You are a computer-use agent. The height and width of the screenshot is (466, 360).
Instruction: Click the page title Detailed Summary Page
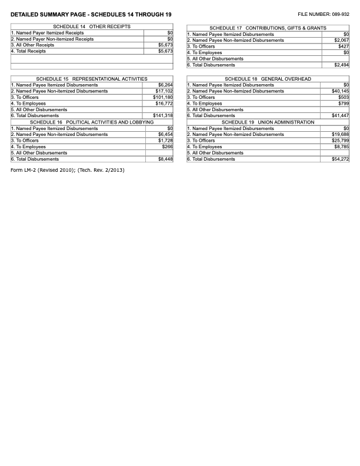tap(91, 14)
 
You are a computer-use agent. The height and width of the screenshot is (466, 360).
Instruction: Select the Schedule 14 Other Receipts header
tap(92, 27)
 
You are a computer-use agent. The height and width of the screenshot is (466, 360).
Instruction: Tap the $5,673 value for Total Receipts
tap(165, 51)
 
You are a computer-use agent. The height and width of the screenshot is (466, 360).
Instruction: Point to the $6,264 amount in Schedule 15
tap(165, 85)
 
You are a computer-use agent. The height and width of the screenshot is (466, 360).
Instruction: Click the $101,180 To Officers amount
tap(163, 97)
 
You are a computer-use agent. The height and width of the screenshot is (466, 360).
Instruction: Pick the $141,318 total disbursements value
tap(163, 115)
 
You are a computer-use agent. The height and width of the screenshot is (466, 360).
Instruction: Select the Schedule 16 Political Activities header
tap(92, 122)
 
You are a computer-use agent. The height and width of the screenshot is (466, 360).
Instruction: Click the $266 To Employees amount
tap(167, 147)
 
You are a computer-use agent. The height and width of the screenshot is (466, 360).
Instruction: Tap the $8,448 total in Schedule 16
tap(165, 159)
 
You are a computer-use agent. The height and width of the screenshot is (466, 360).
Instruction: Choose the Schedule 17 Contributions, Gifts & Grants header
tap(268, 28)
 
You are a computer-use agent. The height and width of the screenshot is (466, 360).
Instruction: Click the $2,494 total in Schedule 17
tap(341, 65)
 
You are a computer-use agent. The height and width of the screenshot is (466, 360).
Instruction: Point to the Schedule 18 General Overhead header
tap(268, 79)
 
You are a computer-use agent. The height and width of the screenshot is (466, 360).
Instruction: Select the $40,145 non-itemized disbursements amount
tap(340, 91)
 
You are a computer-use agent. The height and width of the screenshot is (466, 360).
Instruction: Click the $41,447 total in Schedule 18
tap(340, 115)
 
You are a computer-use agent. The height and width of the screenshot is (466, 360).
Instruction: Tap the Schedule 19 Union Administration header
tap(268, 122)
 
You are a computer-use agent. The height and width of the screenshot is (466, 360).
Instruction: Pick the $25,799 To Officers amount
tap(340, 141)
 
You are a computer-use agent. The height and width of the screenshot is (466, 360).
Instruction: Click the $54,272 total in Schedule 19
tap(340, 159)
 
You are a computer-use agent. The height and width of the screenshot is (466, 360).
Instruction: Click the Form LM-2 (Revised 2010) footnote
tap(68, 171)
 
